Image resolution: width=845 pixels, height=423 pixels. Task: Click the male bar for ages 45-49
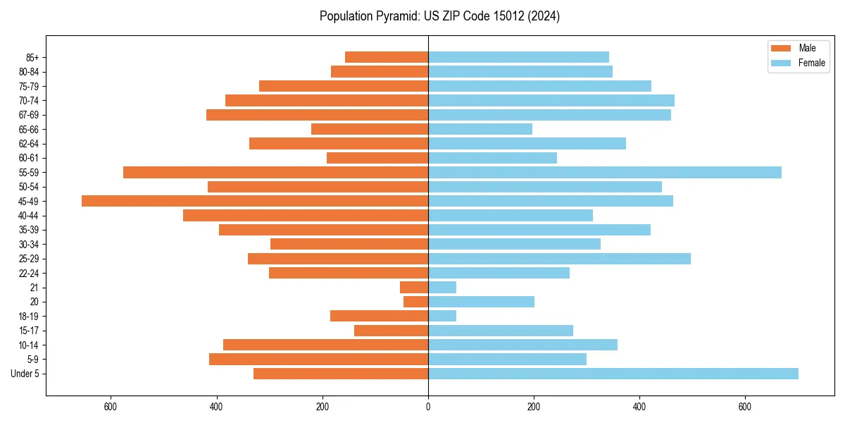(255, 201)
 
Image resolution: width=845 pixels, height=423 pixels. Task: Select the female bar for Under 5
(613, 374)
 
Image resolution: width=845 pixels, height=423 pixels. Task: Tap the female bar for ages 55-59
(605, 172)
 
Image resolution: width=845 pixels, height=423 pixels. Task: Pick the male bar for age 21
(414, 287)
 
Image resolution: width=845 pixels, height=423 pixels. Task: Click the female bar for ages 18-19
(442, 316)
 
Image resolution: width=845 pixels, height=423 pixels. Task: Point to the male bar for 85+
(387, 57)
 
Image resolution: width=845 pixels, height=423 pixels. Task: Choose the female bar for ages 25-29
(559, 259)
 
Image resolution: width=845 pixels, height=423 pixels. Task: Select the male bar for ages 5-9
(318, 359)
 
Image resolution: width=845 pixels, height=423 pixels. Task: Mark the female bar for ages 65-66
(480, 129)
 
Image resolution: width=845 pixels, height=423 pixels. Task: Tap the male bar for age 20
(415, 302)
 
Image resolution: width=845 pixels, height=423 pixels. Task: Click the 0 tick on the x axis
(428, 407)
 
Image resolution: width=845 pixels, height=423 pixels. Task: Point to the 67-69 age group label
(29, 115)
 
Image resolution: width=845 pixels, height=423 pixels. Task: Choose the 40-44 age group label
(29, 216)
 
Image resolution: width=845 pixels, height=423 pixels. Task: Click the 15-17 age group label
(29, 331)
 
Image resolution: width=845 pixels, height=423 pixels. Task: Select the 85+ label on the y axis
(32, 57)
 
